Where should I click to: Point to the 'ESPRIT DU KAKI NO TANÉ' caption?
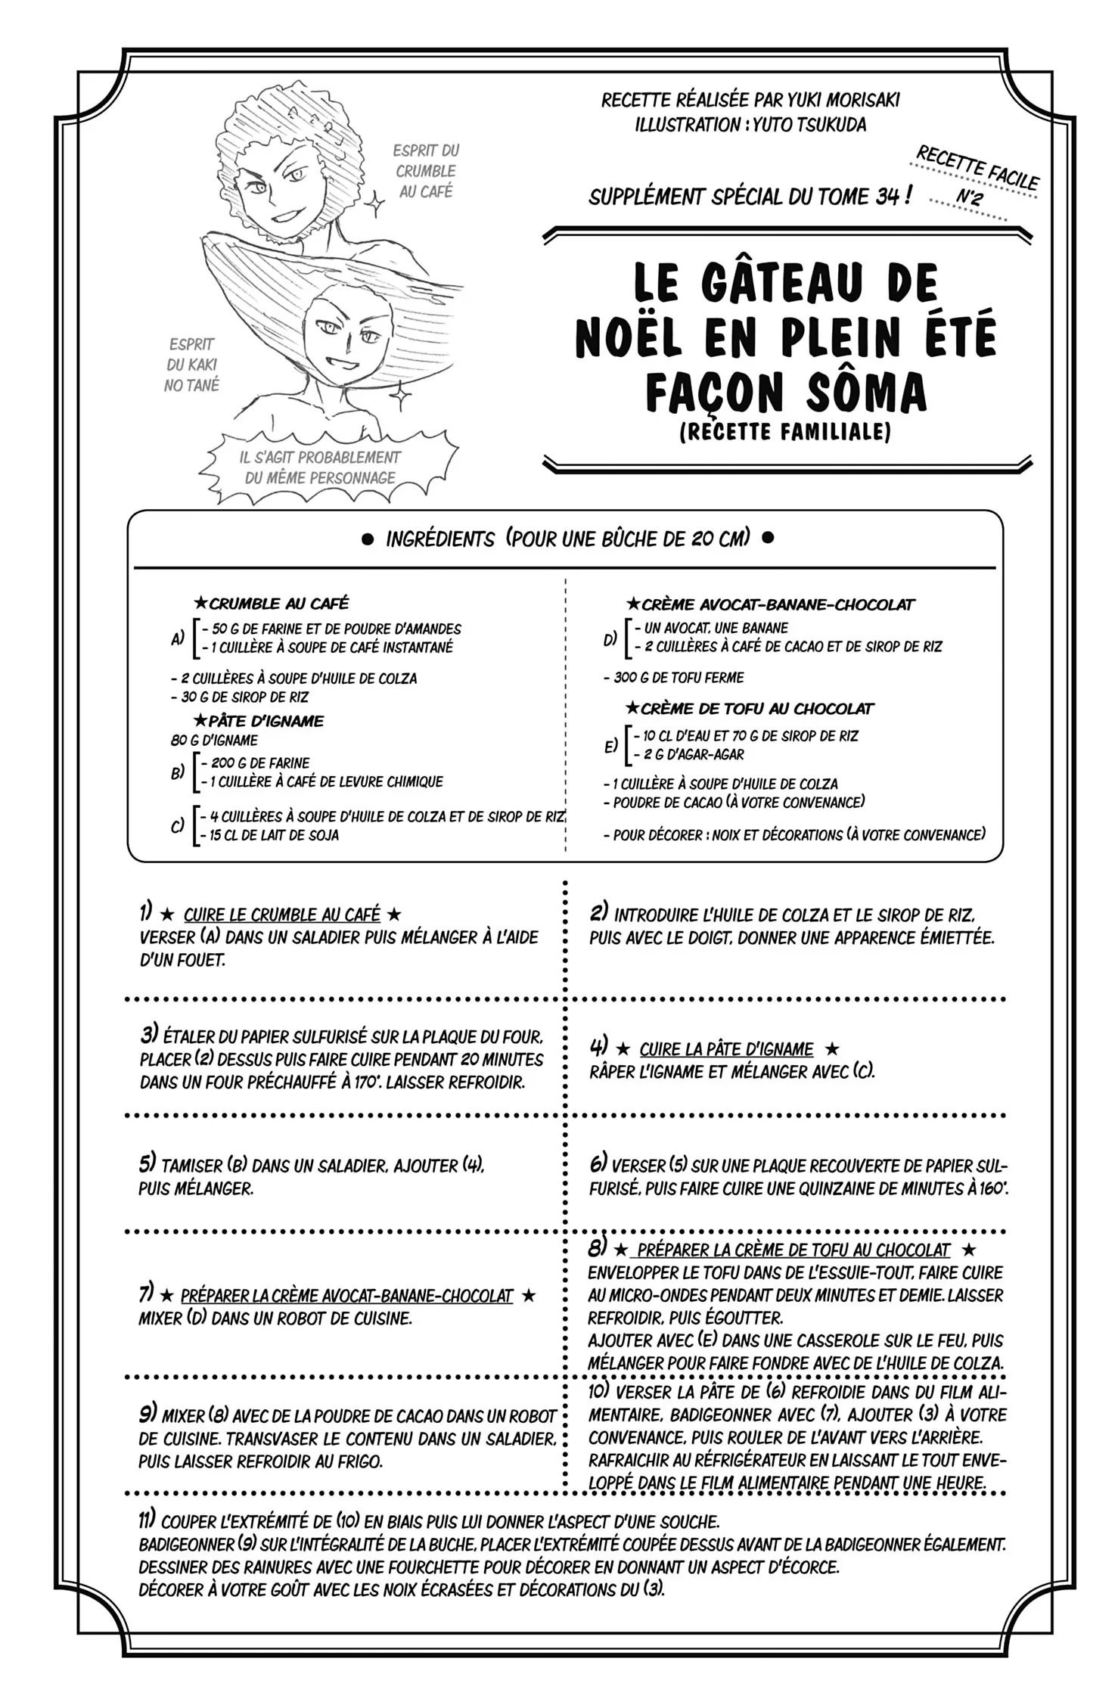click(191, 365)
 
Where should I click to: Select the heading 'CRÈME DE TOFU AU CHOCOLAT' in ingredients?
click(756, 709)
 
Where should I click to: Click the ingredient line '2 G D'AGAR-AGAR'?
click(688, 754)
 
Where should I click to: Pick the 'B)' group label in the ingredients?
click(178, 772)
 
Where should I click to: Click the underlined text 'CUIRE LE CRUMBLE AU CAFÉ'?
click(282, 915)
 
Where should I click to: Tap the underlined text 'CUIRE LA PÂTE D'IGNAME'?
click(726, 1049)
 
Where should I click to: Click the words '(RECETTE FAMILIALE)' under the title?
click(785, 431)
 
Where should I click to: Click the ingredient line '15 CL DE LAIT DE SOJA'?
click(274, 836)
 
